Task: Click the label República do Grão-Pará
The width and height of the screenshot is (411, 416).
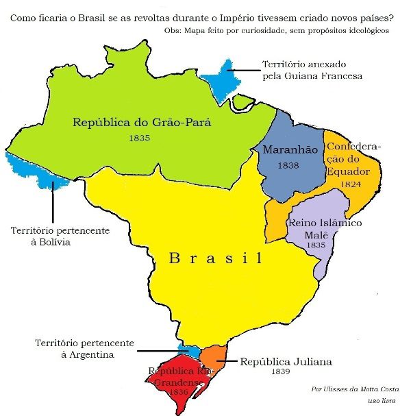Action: pos(142,123)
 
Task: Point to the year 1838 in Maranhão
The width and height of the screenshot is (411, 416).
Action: pos(288,166)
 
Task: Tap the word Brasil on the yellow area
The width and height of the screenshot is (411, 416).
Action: pos(216,258)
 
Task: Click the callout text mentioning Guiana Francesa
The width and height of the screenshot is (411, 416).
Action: pos(312,70)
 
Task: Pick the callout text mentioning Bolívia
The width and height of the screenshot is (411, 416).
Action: pos(59,237)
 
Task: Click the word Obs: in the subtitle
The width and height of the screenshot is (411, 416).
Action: pos(175,32)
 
